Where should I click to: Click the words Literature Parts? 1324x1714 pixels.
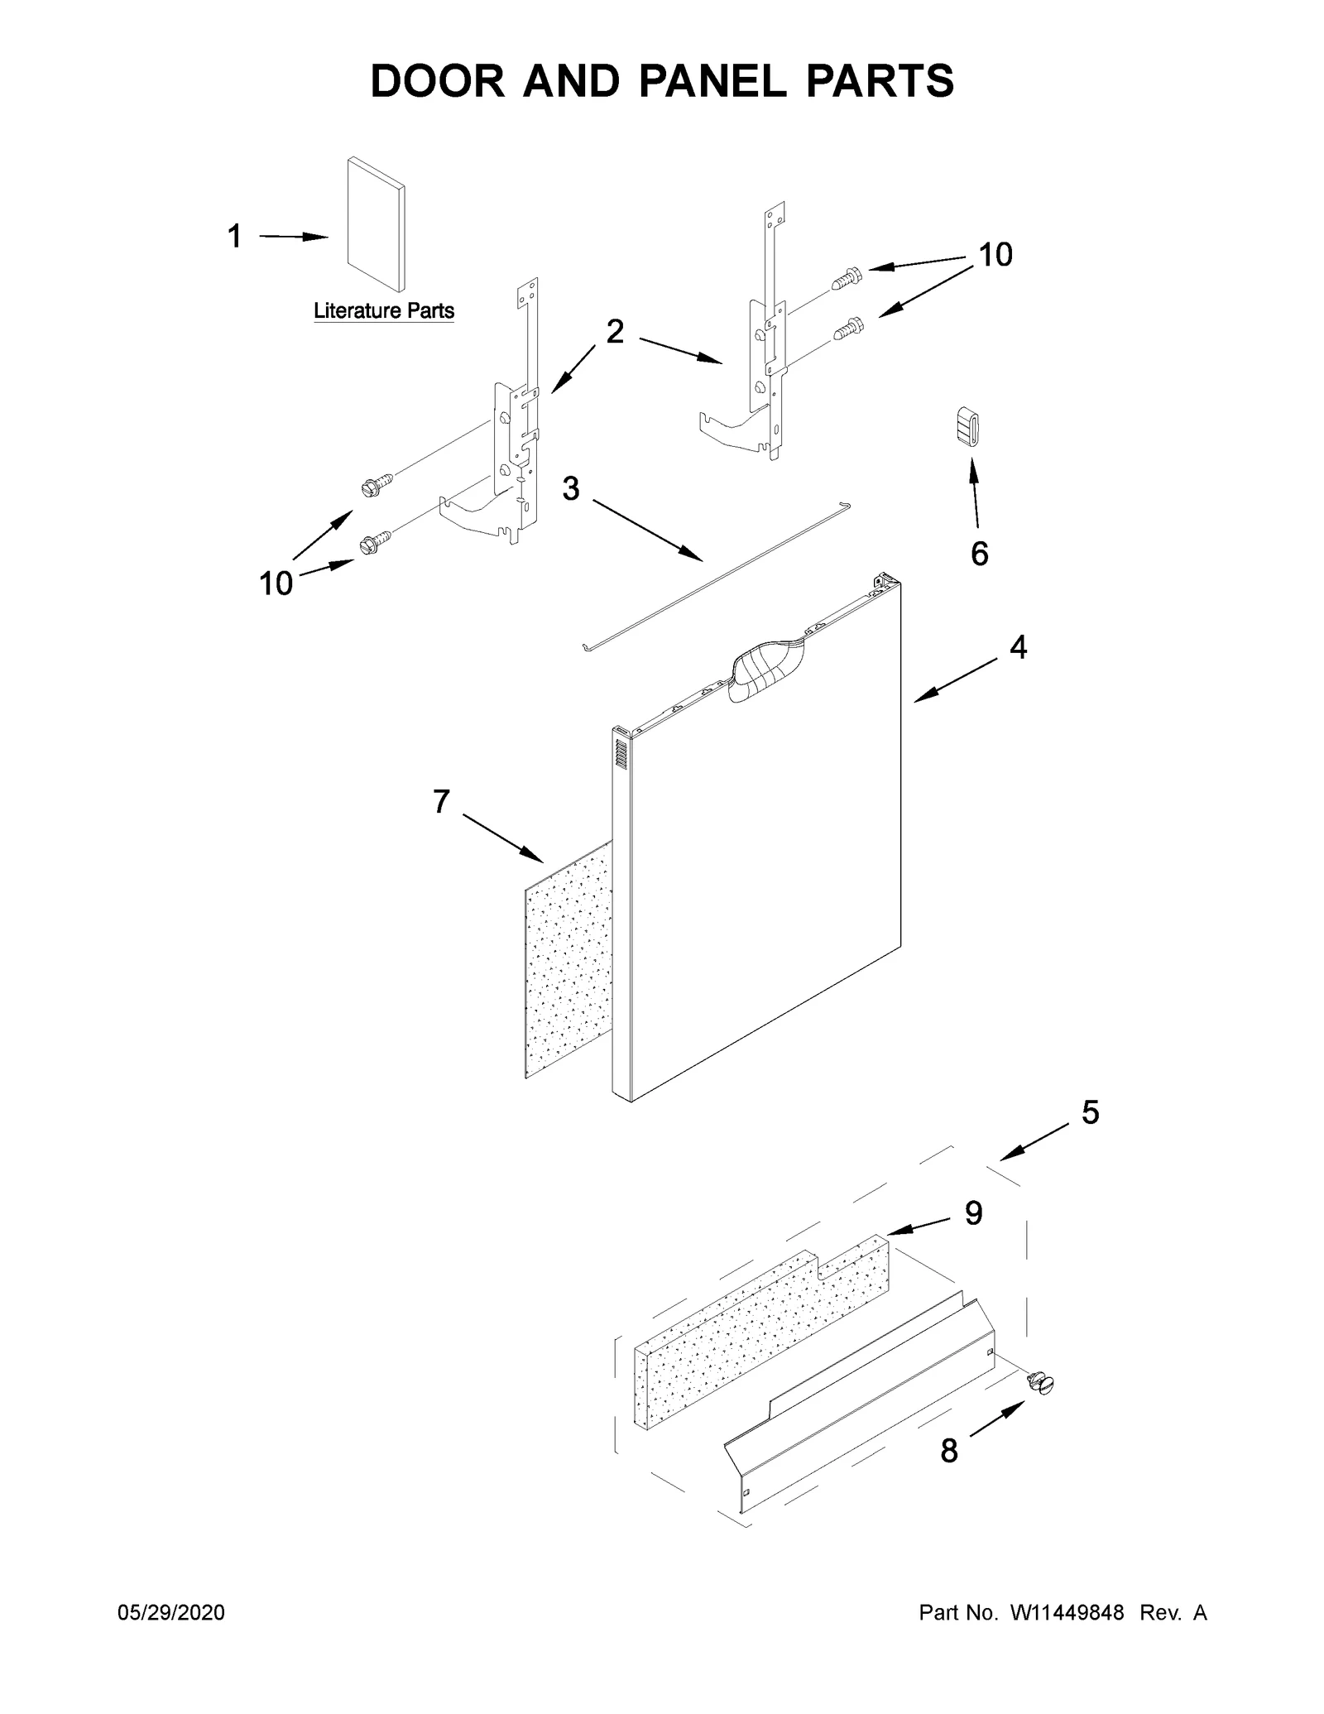tap(383, 311)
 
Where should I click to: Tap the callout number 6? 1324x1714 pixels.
tap(979, 554)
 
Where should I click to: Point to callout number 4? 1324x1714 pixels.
tap(1018, 647)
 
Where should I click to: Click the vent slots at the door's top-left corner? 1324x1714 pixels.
tap(621, 752)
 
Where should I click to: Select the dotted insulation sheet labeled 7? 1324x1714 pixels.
tap(568, 964)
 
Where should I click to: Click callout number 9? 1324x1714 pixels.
tap(973, 1213)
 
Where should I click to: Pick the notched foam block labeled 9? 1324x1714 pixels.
tap(761, 1324)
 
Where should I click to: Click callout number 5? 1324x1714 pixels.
tap(1090, 1112)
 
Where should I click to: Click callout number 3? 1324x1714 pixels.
tap(570, 489)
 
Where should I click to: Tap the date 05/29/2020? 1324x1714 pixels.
tap(171, 1613)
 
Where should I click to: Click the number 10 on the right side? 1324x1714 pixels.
tap(995, 255)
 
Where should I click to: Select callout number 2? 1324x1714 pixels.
tap(615, 332)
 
